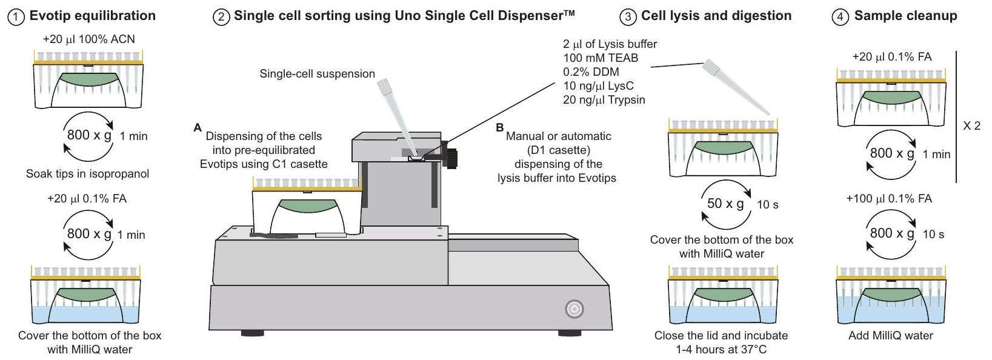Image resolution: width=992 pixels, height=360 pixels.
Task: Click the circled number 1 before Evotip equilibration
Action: (16, 17)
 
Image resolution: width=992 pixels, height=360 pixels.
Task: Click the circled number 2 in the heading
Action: (222, 17)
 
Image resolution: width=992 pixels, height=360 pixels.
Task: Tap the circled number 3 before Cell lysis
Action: (628, 17)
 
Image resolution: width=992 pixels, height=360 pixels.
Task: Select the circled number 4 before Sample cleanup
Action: (841, 17)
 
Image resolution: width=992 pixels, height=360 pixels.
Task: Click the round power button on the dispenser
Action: (574, 309)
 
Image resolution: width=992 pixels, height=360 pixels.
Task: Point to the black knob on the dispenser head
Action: (451, 156)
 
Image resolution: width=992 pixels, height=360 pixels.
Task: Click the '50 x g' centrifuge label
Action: (725, 204)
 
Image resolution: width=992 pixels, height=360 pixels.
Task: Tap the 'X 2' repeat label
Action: (971, 126)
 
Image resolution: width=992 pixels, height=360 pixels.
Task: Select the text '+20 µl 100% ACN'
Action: (89, 39)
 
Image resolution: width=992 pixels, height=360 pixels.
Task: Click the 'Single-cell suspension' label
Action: (317, 74)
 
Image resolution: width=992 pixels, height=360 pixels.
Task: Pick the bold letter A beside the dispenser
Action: (197, 128)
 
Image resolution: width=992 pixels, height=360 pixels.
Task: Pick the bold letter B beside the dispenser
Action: (500, 128)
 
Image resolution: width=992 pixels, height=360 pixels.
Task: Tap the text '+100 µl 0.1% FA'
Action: (889, 199)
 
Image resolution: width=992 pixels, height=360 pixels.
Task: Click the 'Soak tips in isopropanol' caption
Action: (87, 174)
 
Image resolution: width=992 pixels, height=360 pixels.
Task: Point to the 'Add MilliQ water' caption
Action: (891, 336)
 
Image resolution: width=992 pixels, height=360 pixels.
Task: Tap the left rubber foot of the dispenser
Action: (252, 333)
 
